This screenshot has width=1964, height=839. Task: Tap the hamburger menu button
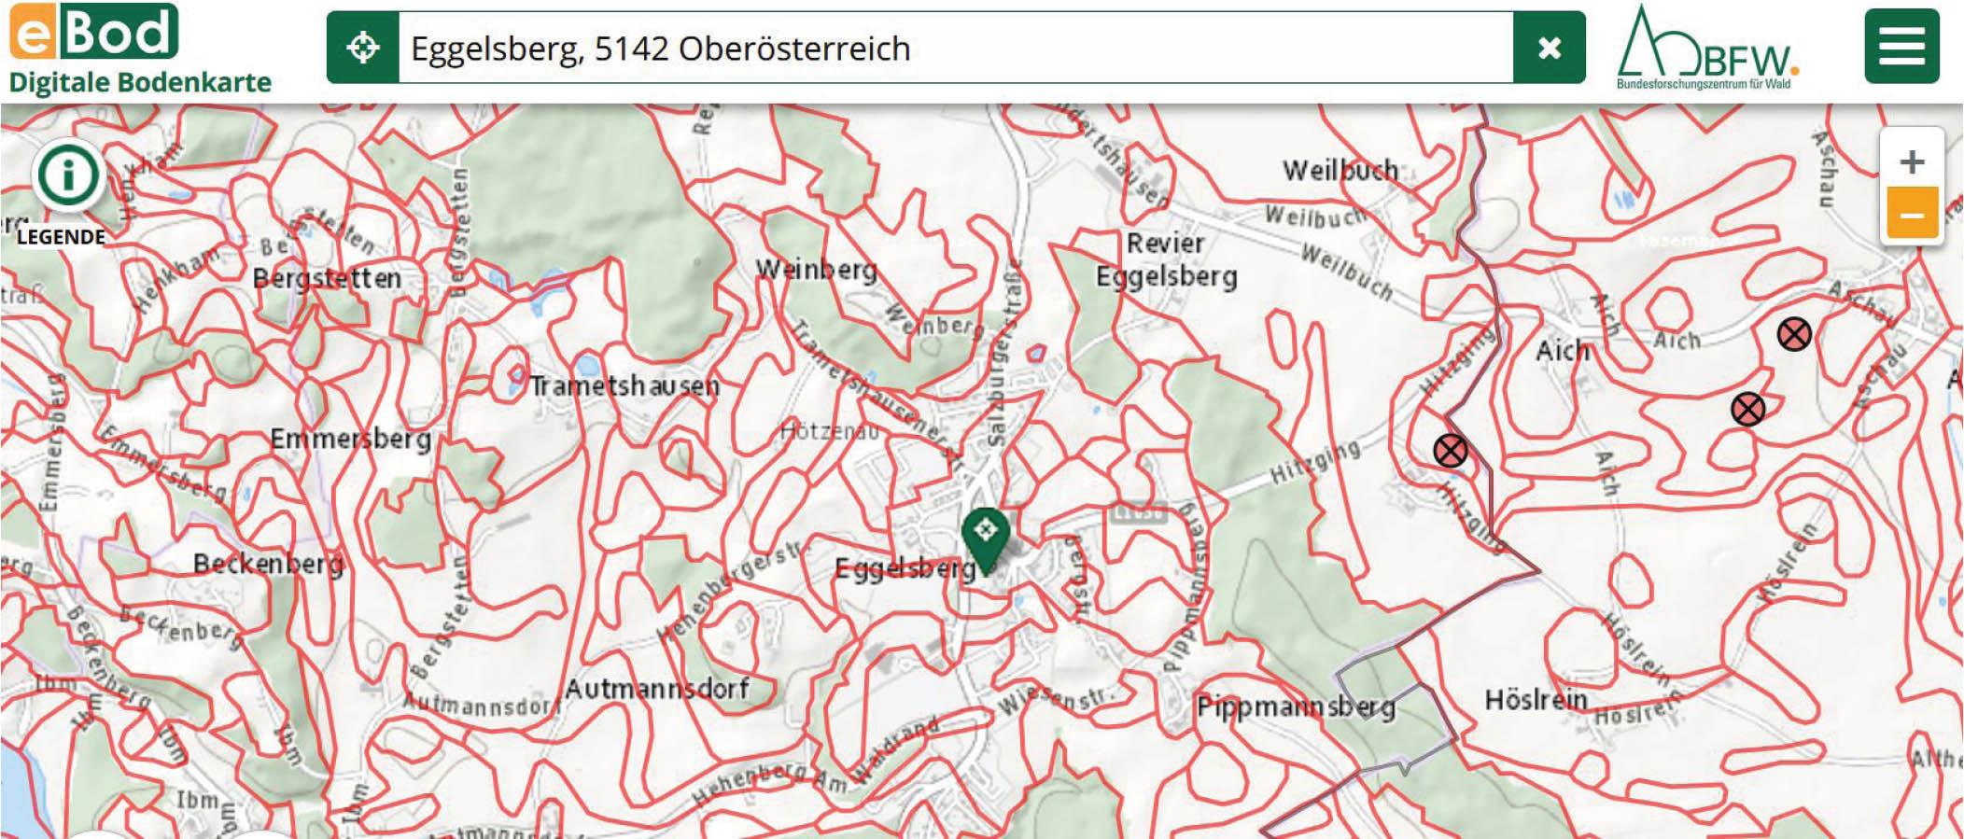tap(1901, 46)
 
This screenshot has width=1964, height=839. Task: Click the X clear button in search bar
tap(1549, 48)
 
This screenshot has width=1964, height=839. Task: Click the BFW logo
tap(1707, 48)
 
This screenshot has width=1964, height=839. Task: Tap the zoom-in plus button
tap(1911, 161)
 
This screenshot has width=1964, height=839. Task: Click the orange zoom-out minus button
tap(1911, 215)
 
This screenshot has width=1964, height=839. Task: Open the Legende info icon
tap(67, 175)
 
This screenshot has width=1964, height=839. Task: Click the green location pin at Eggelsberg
tap(985, 535)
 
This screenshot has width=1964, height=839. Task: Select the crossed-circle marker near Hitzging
tap(1450, 452)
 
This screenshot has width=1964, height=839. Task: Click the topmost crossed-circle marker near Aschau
tap(1793, 334)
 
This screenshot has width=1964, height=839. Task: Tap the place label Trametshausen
tap(624, 385)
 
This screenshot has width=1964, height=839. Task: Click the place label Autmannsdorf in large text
tap(656, 690)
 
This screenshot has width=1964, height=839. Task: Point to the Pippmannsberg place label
tap(1296, 706)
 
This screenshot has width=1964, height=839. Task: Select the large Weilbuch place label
tap(1340, 170)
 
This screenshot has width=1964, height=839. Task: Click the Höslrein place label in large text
tap(1536, 699)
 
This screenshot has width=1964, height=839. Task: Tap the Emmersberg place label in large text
tap(350, 439)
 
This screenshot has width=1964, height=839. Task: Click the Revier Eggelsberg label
tap(1166, 260)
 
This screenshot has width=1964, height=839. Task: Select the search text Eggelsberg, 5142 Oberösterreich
tap(660, 49)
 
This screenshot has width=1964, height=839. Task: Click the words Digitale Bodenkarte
tap(140, 82)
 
